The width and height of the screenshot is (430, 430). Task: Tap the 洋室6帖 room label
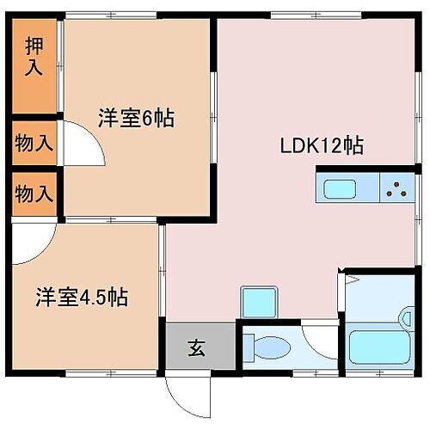pos(135,119)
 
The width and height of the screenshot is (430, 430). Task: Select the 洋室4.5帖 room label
pos(82,298)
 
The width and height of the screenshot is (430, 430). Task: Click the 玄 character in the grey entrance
pos(197,349)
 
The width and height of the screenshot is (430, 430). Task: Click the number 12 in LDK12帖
pos(331,145)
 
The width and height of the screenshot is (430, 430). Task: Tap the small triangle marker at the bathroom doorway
pos(345,278)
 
